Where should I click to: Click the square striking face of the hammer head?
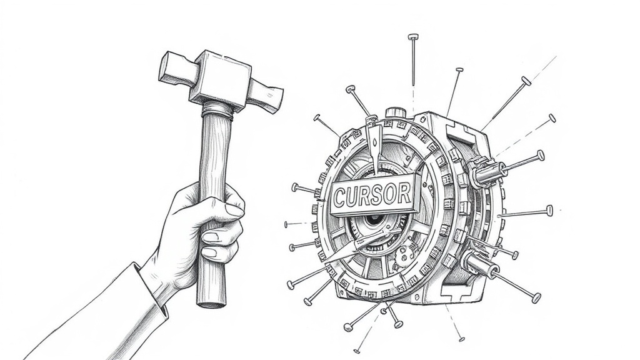(169, 66)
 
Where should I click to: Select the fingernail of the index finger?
(235, 211)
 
